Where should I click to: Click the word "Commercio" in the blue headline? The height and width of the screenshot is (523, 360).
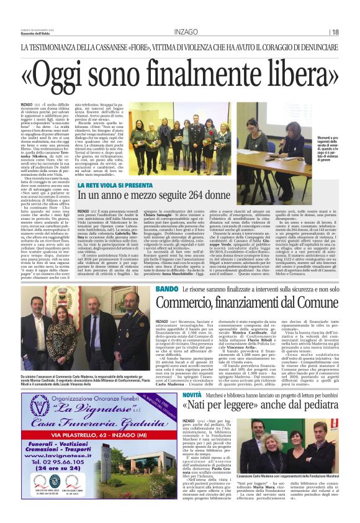pyautogui.click(x=192, y=303)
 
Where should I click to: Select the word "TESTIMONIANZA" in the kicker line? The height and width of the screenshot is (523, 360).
pyautogui.click(x=60, y=47)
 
